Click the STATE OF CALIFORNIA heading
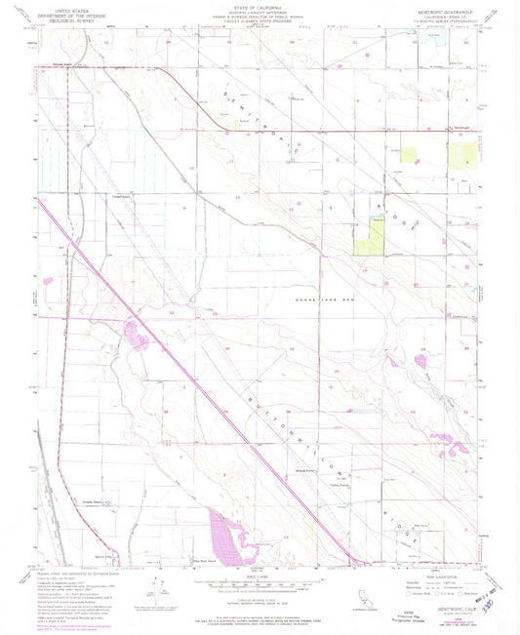pyautogui.click(x=259, y=6)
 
